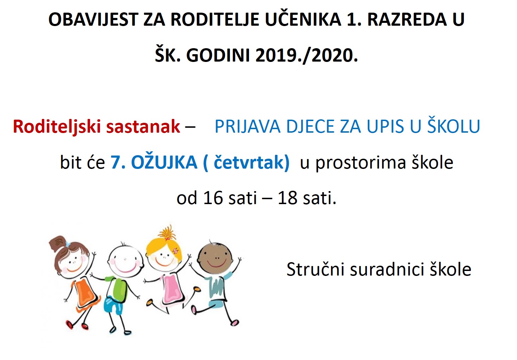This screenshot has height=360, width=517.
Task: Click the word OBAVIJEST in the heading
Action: tap(93, 20)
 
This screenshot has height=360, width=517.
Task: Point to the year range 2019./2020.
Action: tap(307, 56)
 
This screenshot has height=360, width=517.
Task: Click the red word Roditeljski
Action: tap(57, 127)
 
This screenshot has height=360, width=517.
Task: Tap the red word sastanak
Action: tap(143, 127)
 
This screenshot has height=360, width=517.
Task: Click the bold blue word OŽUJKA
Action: tap(164, 162)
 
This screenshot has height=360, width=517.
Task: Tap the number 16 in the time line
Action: tap(213, 198)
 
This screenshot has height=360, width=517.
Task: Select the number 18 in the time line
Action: tap(288, 198)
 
